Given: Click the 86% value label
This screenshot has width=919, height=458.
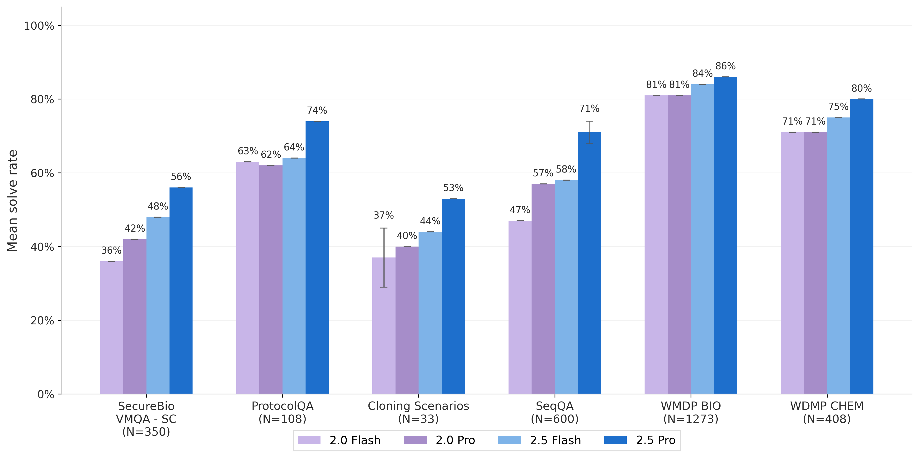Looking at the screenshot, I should pyautogui.click(x=725, y=66).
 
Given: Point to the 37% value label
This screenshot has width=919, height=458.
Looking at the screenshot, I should pyautogui.click(x=383, y=215).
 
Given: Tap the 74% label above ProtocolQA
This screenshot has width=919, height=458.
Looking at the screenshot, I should pyautogui.click(x=317, y=111).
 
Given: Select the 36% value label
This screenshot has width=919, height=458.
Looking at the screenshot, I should pyautogui.click(x=111, y=250).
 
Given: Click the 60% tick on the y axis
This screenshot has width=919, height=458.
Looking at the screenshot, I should pyautogui.click(x=42, y=173).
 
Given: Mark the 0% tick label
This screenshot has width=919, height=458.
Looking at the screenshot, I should pyautogui.click(x=46, y=394).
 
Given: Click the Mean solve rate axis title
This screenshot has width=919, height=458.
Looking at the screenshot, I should pyautogui.click(x=13, y=201).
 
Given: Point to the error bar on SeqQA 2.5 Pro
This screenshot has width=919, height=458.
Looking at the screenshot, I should pyautogui.click(x=589, y=132).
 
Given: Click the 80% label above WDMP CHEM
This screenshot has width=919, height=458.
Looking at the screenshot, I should pyautogui.click(x=861, y=89).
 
